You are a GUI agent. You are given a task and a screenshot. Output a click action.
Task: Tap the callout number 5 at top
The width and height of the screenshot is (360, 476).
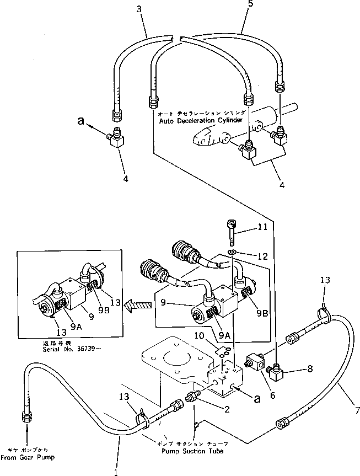[x=236, y=5]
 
